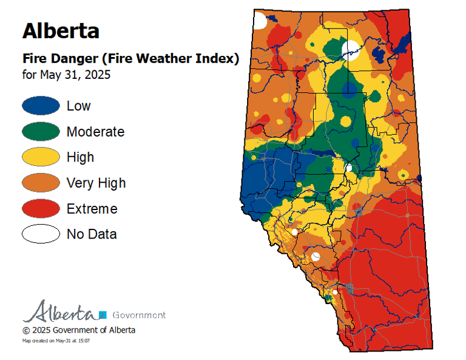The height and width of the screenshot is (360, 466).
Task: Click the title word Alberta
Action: (61, 30)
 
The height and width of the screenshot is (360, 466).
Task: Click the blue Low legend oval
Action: (41, 106)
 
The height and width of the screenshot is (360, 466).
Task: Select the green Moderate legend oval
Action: (41, 131)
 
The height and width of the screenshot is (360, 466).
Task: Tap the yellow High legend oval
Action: (41, 157)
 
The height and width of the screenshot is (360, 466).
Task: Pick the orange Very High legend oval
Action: (41, 183)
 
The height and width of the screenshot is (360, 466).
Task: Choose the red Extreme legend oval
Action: (41, 208)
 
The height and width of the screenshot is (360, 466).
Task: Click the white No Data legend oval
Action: (41, 234)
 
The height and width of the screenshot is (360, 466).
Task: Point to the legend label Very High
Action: (96, 183)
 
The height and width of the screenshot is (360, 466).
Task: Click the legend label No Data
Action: (92, 234)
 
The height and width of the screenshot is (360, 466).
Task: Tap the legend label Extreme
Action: (92, 209)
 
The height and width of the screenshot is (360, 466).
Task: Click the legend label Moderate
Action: (95, 132)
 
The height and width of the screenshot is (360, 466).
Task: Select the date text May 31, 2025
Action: (75, 75)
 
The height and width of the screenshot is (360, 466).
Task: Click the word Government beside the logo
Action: (139, 315)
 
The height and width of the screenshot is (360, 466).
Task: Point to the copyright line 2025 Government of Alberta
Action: (79, 330)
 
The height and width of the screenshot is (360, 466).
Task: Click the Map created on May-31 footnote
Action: (56, 341)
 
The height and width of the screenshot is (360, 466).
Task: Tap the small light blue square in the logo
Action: (103, 314)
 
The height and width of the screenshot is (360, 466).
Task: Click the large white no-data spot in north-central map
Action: (351, 48)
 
